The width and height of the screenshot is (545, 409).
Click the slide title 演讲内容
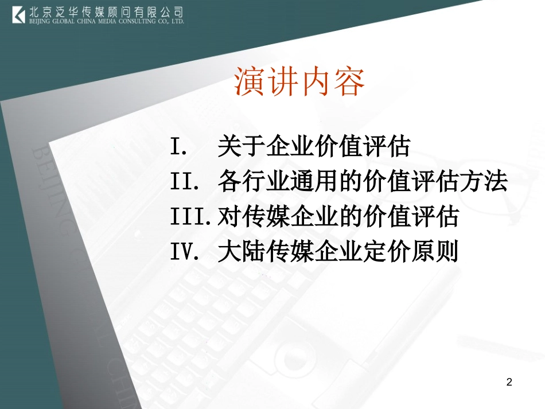coord(299,82)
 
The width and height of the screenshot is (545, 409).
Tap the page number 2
coord(509,382)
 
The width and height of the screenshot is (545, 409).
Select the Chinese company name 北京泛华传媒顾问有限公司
coord(106,11)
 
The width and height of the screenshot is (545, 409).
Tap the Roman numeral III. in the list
coord(192,217)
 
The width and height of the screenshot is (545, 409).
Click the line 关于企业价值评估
coord(314,147)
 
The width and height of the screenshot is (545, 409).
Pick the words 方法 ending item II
coord(484,182)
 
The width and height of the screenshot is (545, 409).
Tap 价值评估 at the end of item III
coord(410,217)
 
